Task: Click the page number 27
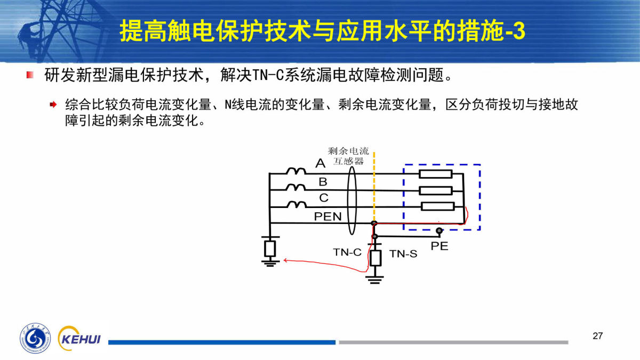coord(597,336)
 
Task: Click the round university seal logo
coord(36,338)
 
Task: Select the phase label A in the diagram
coord(320,163)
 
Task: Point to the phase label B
coord(323,181)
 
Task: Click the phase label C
coord(324,198)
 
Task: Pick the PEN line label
coord(327,217)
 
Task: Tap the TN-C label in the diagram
coord(347,252)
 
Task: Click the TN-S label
coord(403,254)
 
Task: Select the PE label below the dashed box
coord(439,246)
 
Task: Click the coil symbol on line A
coord(295,171)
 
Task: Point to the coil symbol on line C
coord(295,205)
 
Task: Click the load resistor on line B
coord(436,190)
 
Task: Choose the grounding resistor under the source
coord(270,248)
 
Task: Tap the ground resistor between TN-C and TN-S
coord(375,258)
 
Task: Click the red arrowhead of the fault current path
coord(285,261)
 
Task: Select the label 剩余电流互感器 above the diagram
coord(348,156)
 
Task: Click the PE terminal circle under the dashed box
coord(439,231)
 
